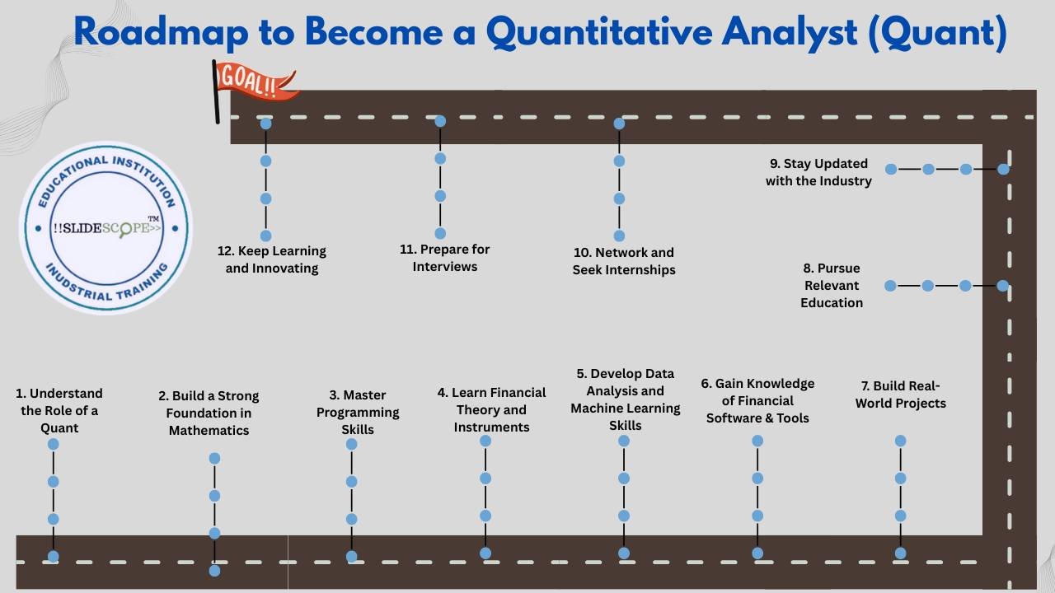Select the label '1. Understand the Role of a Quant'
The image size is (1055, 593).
[59, 410]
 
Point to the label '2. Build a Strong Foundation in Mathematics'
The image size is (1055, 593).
[209, 413]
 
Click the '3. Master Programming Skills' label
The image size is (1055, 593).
[358, 412]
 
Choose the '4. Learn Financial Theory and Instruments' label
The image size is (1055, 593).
[491, 409]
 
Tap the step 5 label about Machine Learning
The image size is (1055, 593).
[626, 399]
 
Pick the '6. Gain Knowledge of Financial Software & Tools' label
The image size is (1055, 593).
[757, 400]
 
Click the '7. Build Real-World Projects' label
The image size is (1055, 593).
[900, 395]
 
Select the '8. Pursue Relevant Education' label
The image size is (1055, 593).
[832, 285]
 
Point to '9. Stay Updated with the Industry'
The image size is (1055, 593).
[818, 172]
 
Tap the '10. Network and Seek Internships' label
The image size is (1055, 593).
[624, 261]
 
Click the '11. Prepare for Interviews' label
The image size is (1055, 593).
[445, 258]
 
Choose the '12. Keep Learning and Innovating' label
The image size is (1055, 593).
[272, 259]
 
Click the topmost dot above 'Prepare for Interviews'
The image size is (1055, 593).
[440, 121]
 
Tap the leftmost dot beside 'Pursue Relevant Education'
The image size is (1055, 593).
[890, 286]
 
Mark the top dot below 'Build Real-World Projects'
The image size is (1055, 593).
[900, 441]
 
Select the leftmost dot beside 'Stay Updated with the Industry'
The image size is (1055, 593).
[891, 169]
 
